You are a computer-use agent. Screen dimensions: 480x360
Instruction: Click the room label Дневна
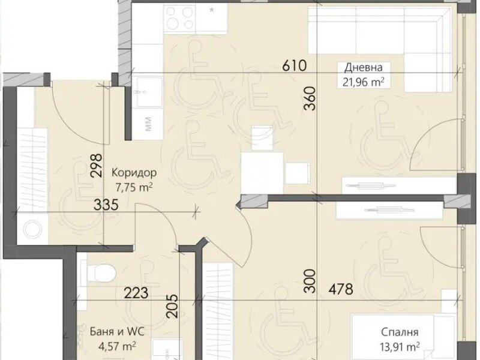point(364,68)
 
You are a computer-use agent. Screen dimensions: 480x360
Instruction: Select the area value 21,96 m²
point(364,82)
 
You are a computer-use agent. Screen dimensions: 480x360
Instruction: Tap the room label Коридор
point(134,173)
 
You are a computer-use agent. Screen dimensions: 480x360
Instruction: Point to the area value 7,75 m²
point(134,187)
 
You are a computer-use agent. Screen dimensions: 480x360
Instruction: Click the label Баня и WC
point(117,332)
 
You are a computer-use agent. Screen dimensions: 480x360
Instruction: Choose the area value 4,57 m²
point(117,347)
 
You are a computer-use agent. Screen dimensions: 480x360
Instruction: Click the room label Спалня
point(400,332)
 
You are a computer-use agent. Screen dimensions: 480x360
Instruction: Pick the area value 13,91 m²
point(400,347)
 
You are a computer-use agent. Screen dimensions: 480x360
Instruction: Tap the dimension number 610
point(294,65)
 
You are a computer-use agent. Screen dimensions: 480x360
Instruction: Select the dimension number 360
point(310,98)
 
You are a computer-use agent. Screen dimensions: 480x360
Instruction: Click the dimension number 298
point(96,166)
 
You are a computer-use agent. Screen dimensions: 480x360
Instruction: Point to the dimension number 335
point(106,205)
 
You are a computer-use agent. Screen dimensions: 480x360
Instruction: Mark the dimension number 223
point(136,293)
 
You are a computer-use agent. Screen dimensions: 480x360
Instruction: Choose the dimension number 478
point(341,289)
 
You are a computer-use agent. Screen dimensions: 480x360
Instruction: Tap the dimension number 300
point(310,281)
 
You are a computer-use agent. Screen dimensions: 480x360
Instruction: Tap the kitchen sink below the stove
point(148,92)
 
